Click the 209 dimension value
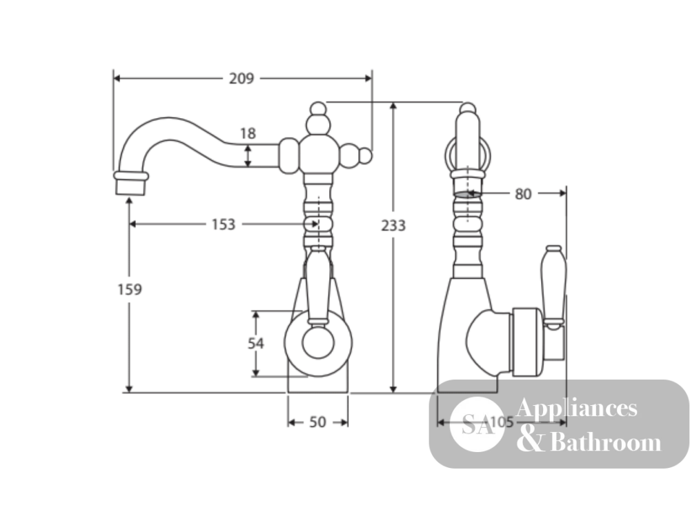pos(241,79)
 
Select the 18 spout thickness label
pos(248,133)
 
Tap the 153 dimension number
pos(224,224)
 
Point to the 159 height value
pos(130,289)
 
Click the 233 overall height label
pos(393,225)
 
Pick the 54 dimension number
pos(256,343)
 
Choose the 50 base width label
pos(317,422)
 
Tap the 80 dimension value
pos(523,194)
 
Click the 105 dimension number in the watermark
pos(502,422)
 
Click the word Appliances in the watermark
pos(576,408)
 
